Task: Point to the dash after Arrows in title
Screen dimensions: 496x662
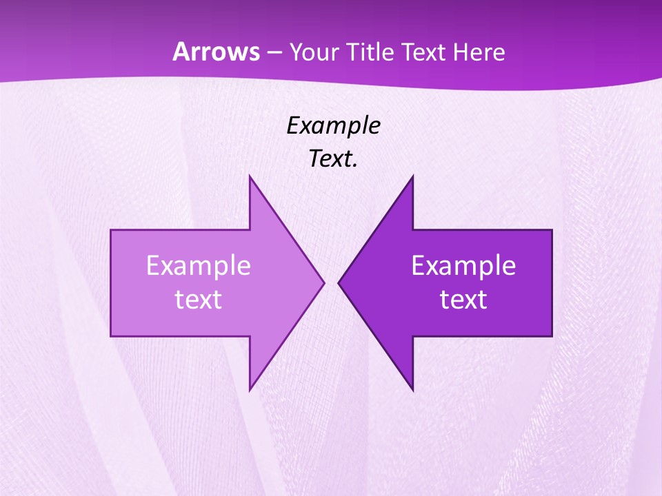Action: point(272,52)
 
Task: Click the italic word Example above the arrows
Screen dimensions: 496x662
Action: point(333,125)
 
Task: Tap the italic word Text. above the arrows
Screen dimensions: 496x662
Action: point(333,158)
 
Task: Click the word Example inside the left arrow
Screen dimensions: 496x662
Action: point(199,265)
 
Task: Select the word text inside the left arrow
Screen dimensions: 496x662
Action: point(199,300)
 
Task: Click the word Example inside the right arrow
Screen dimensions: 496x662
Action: point(463,265)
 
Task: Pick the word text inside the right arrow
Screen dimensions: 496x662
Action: point(463,300)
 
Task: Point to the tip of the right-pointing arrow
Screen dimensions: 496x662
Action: point(324,282)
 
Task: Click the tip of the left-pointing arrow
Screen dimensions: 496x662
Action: point(339,282)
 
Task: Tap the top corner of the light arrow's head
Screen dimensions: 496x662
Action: point(250,176)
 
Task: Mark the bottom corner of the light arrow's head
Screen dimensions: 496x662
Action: point(250,390)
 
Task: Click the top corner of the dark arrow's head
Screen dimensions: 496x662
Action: point(412,176)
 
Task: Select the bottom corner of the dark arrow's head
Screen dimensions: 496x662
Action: point(412,390)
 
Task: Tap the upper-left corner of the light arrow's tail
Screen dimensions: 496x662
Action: point(111,230)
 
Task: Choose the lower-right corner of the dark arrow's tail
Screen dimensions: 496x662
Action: point(552,336)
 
